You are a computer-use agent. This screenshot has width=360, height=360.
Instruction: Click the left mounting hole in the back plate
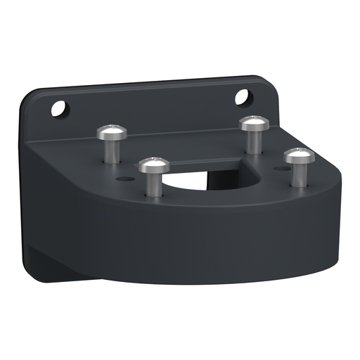(59, 108)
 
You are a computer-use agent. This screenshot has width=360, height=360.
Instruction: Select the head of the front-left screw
(153, 166)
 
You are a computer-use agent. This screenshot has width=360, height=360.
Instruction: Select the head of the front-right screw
(298, 155)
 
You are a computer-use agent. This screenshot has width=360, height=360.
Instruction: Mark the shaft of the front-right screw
(298, 174)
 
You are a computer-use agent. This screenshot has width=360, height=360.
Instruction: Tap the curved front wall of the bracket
(211, 243)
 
